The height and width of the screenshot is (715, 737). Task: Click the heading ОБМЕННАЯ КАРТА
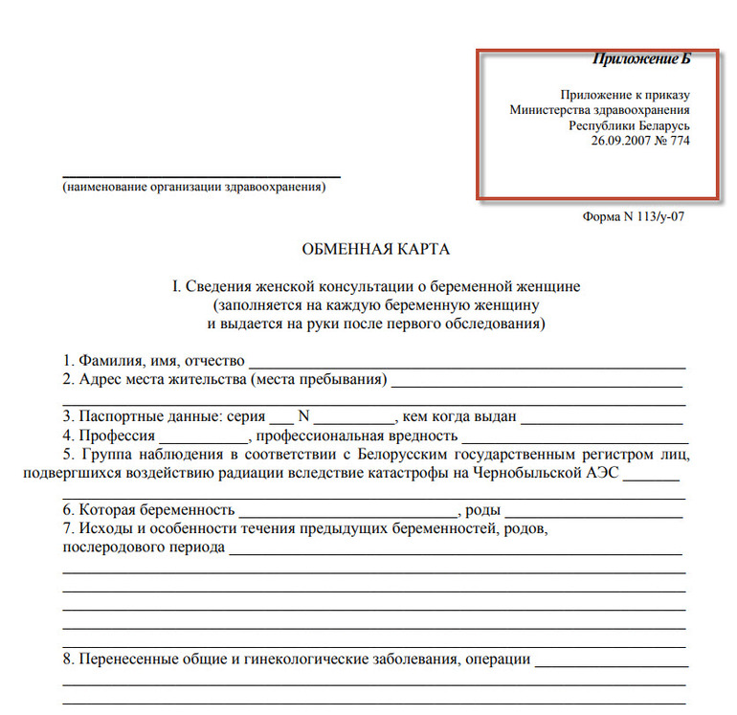point(375,251)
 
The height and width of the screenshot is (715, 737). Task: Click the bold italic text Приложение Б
point(640,59)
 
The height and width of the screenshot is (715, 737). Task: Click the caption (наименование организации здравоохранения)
point(194,188)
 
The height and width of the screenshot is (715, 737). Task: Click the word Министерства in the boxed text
point(554,110)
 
